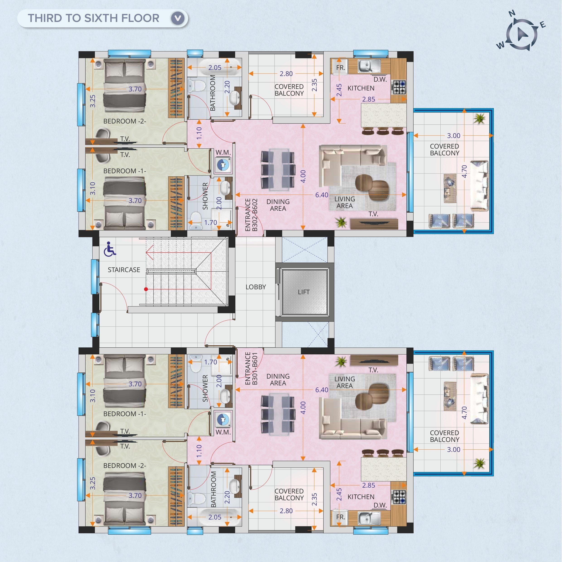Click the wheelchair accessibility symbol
110,249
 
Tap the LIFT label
304,292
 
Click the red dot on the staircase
146,289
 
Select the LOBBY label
256,287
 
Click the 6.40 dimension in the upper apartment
322,195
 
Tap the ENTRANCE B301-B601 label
251,369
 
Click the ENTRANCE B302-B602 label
251,215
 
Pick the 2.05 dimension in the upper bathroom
215,67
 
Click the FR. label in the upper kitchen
341,68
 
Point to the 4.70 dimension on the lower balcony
464,413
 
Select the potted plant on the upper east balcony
479,118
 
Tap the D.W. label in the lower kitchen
380,505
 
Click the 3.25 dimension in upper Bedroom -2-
93,101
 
